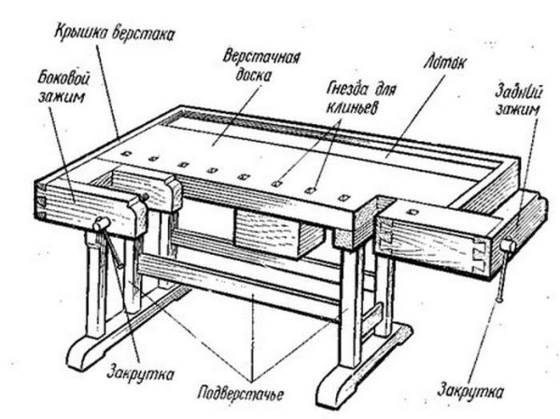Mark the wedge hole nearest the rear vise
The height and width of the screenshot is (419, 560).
345,198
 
